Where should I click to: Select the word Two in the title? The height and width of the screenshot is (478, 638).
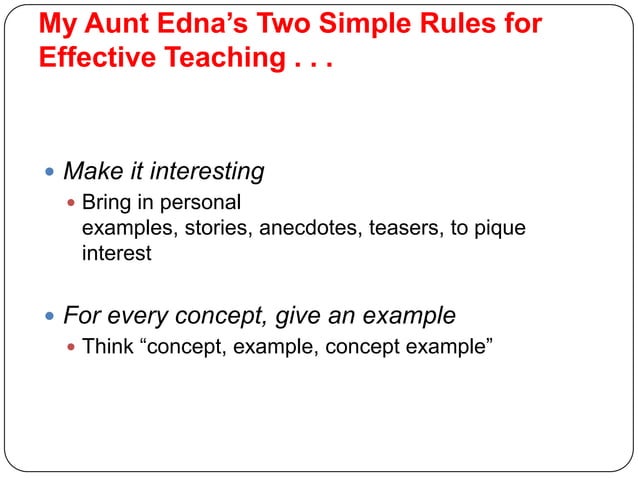click(280, 23)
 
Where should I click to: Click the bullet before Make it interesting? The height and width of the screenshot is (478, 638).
click(51, 172)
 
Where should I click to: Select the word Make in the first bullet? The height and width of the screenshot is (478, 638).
click(91, 172)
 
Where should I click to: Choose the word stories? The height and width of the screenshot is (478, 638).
click(221, 228)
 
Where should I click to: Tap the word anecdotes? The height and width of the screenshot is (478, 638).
click(310, 228)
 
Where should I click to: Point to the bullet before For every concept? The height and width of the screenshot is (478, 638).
click(51, 317)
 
